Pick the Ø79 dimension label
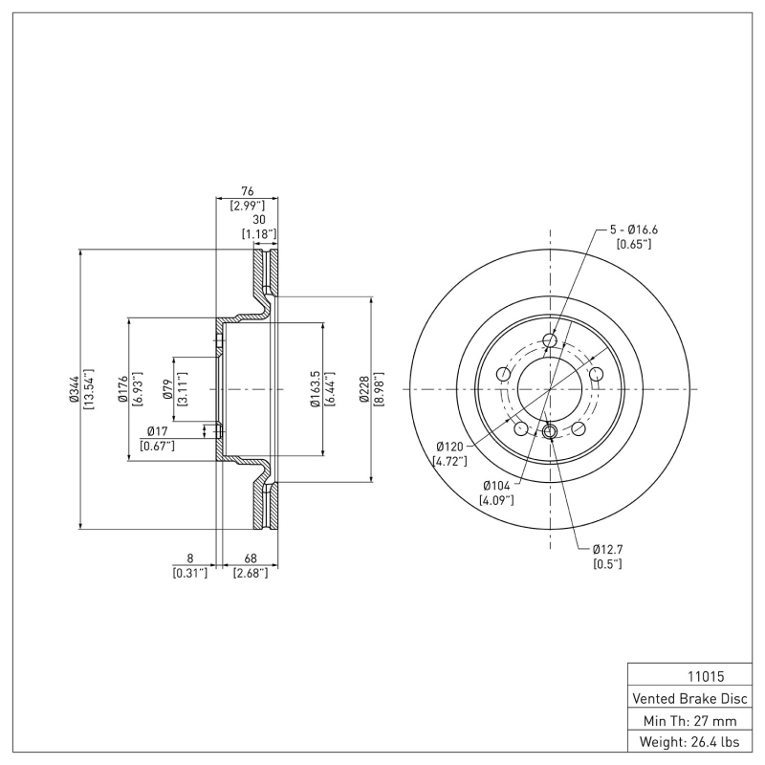tap(167, 388)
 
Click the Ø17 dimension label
tap(157, 432)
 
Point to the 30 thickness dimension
tap(258, 218)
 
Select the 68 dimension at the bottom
tap(250, 558)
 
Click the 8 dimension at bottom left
tap(190, 558)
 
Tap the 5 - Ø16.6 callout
tap(633, 229)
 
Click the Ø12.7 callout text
tap(608, 549)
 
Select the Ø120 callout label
tap(450, 446)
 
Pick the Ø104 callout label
tap(497, 486)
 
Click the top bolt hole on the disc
tap(550, 340)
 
